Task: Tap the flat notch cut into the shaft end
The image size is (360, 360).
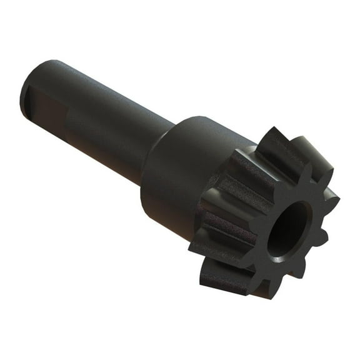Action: coord(47,110)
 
